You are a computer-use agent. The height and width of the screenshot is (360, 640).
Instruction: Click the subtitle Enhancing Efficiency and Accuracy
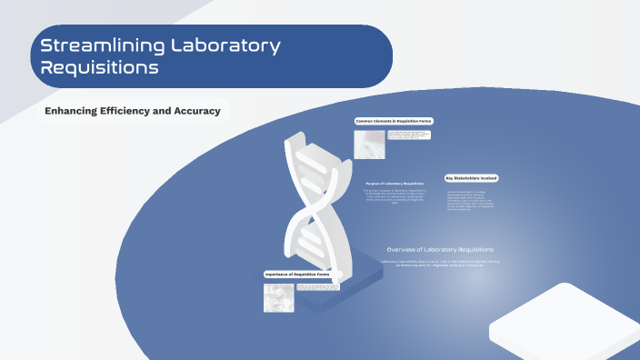pos(133,111)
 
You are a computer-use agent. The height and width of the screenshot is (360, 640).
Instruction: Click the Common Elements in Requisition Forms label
pos(393,121)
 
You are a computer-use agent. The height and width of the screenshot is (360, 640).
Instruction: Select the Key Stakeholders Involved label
pos(471,178)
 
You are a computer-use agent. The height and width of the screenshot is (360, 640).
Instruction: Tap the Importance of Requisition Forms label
pos(296,275)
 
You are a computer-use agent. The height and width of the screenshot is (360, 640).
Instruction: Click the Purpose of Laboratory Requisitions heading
pos(395,183)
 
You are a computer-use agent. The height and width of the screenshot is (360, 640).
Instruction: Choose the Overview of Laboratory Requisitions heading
pos(440,249)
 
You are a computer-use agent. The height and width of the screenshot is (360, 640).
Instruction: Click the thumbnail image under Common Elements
pos(369,144)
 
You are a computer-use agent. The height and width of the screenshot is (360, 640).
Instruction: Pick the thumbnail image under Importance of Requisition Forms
pos(278,297)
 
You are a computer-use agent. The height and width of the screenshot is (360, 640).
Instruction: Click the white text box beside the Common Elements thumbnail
pos(408,135)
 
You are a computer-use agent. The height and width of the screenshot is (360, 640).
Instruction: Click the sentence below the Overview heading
pos(440,263)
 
